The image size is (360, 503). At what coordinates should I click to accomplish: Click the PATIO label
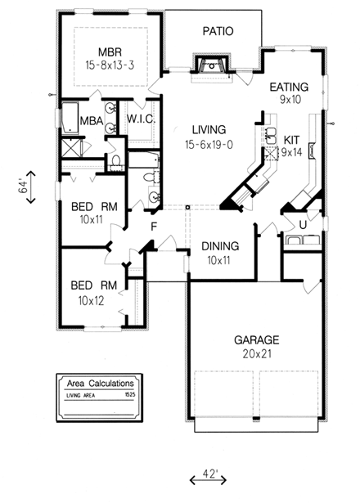point(218,31)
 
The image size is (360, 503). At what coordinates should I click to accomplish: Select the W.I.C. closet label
point(141,119)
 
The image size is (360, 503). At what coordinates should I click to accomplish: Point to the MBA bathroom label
point(91,120)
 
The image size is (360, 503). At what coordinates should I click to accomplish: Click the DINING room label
point(219,245)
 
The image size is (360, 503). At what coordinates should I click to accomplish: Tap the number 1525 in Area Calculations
point(129,394)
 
